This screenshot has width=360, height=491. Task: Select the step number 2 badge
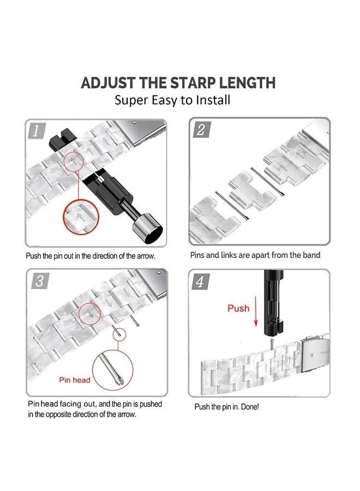pos(201,130)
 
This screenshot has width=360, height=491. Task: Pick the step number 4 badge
pos(201,282)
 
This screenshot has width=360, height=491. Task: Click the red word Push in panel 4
pos(238,308)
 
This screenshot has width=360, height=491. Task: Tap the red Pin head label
pos(75,379)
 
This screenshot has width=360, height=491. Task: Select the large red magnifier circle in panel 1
pos(81,218)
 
